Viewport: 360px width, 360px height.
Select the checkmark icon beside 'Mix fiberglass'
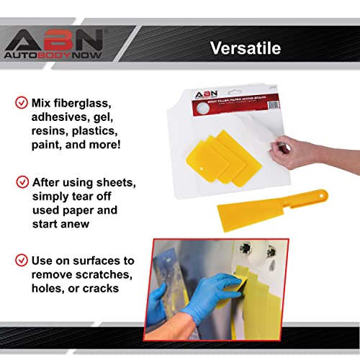point(21,102)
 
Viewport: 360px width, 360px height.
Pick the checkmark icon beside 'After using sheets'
point(21,181)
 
